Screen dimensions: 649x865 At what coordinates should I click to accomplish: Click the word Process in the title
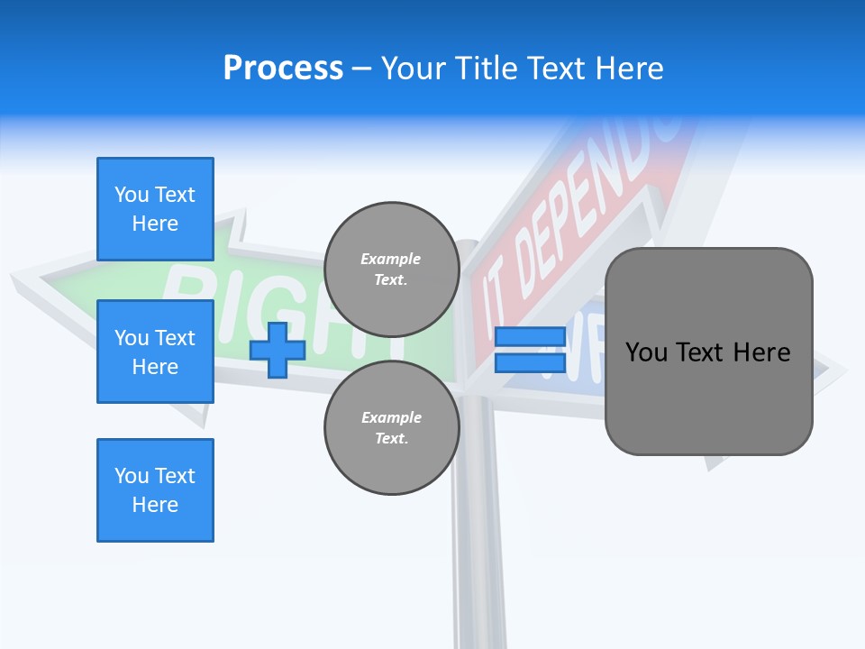tap(283, 69)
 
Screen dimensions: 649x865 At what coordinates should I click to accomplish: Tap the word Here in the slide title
tap(628, 69)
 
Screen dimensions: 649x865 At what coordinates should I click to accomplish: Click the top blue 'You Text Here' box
tap(155, 209)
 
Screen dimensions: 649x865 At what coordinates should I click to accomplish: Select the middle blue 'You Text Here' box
tap(155, 352)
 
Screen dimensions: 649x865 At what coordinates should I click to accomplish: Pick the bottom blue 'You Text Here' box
tap(155, 490)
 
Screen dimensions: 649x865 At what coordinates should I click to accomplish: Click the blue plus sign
tap(277, 350)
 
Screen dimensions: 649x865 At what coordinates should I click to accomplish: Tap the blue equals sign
tap(529, 350)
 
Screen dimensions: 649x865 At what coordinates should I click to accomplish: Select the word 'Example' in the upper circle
tap(391, 259)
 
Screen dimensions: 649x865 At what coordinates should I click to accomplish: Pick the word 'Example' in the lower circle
tap(391, 417)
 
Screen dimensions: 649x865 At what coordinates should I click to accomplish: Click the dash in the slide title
tap(362, 69)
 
